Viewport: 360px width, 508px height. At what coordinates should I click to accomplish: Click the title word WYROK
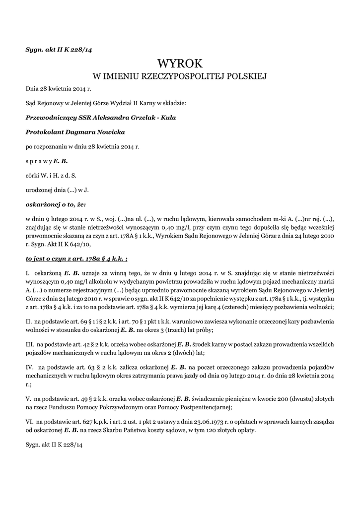(180, 63)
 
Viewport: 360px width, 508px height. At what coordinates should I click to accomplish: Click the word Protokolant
(45, 132)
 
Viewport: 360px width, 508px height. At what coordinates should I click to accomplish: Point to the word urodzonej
(39, 190)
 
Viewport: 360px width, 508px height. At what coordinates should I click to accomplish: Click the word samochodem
(253, 218)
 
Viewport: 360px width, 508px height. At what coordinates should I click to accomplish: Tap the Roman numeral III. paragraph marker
(30, 344)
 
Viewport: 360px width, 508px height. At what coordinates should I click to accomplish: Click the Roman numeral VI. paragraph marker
(30, 421)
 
